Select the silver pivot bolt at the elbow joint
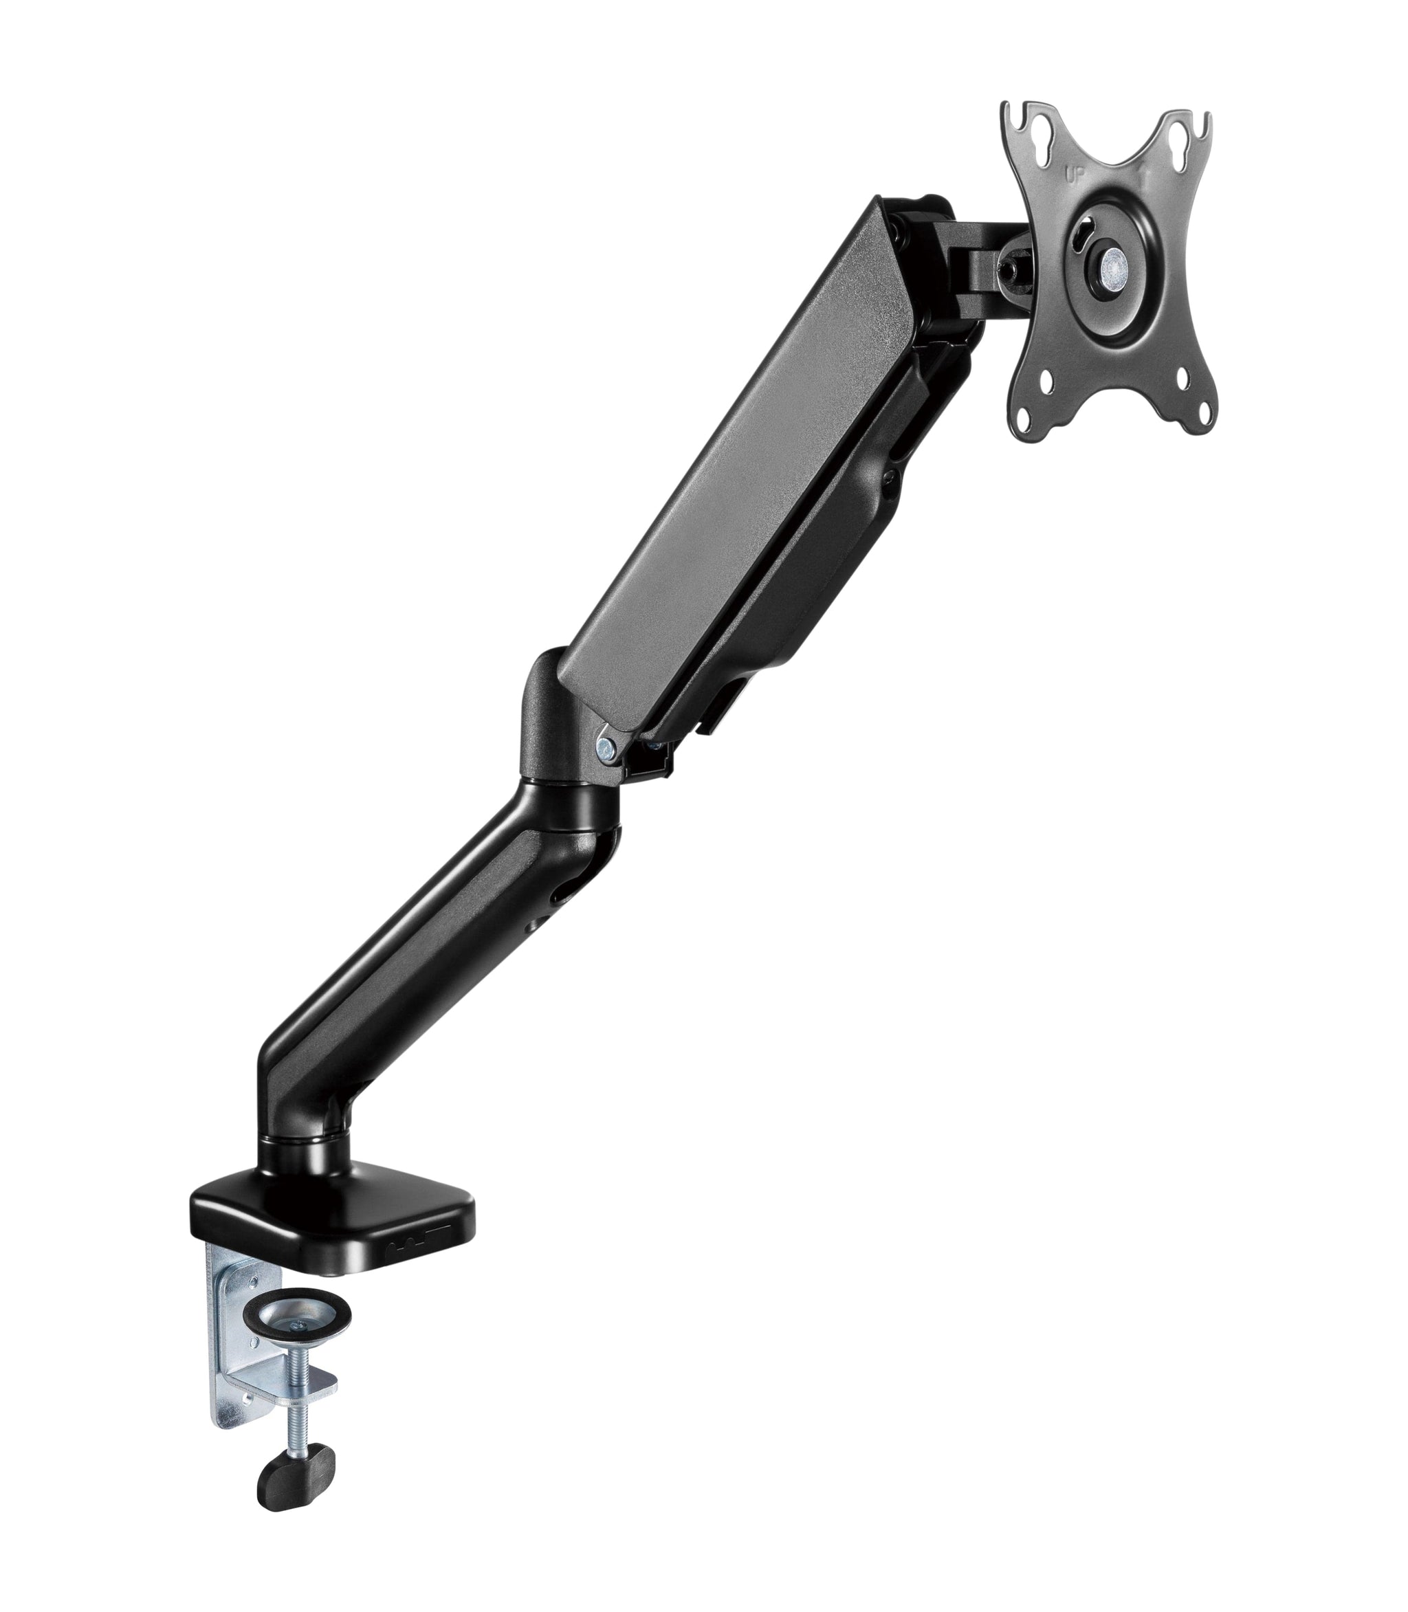pyautogui.click(x=605, y=744)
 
